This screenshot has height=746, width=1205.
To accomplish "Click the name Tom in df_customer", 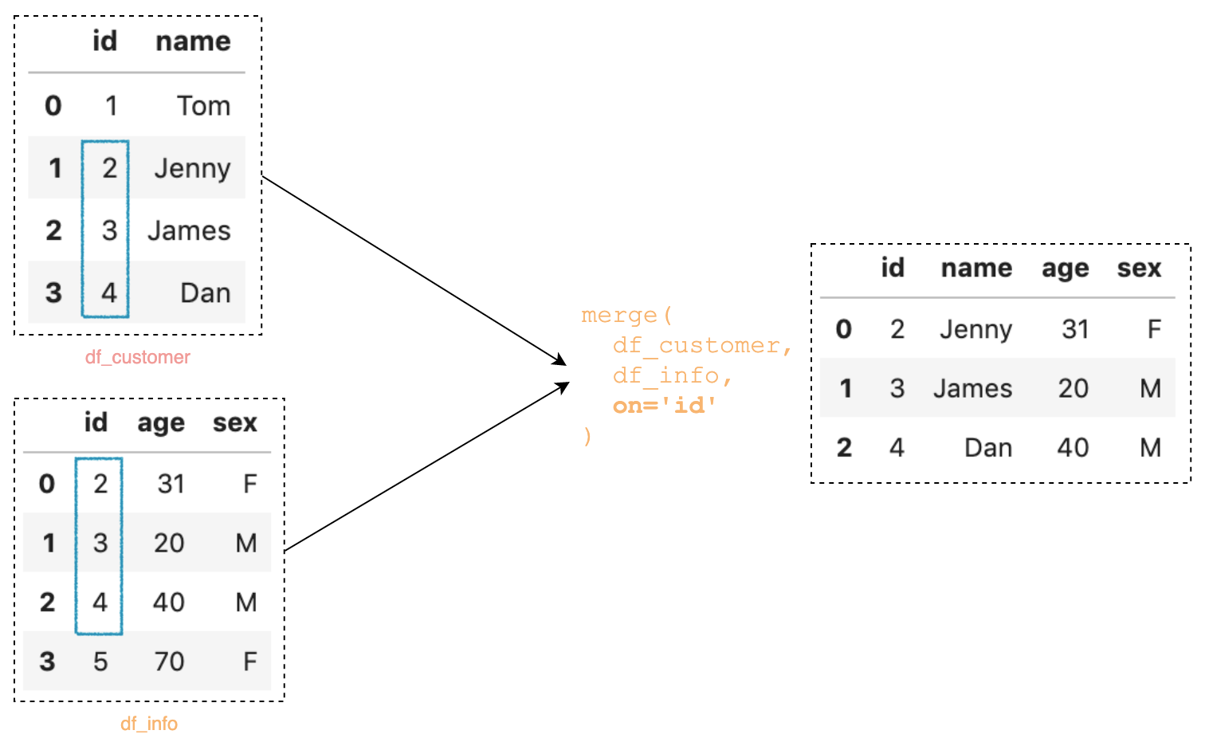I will click(x=203, y=106).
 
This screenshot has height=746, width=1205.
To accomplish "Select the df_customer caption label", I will click(x=138, y=357).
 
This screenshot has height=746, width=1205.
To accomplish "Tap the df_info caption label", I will click(x=149, y=724).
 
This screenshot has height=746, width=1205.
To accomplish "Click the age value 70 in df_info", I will click(x=169, y=662).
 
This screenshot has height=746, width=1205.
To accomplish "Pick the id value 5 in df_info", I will click(x=100, y=662).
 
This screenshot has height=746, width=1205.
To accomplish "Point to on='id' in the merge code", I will click(x=664, y=406).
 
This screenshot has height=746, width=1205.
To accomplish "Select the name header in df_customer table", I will click(x=193, y=41).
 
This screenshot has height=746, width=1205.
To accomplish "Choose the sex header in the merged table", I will click(x=1139, y=269).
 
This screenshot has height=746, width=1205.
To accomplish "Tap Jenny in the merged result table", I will click(x=975, y=329).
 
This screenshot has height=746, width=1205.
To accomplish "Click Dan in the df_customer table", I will click(x=205, y=293).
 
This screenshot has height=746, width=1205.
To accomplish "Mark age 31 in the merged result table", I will click(x=1075, y=329).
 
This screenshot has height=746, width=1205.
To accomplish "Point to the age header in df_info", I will click(x=161, y=423).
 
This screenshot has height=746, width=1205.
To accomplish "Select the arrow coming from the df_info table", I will click(x=426, y=467).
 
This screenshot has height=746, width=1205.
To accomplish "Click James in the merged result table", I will click(x=972, y=389).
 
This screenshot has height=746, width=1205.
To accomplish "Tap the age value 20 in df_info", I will click(x=169, y=544).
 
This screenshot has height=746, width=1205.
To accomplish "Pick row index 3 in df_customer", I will click(x=53, y=293).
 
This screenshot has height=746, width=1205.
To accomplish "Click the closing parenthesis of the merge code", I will click(x=587, y=436).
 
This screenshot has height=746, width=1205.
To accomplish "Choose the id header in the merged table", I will click(x=893, y=269).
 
